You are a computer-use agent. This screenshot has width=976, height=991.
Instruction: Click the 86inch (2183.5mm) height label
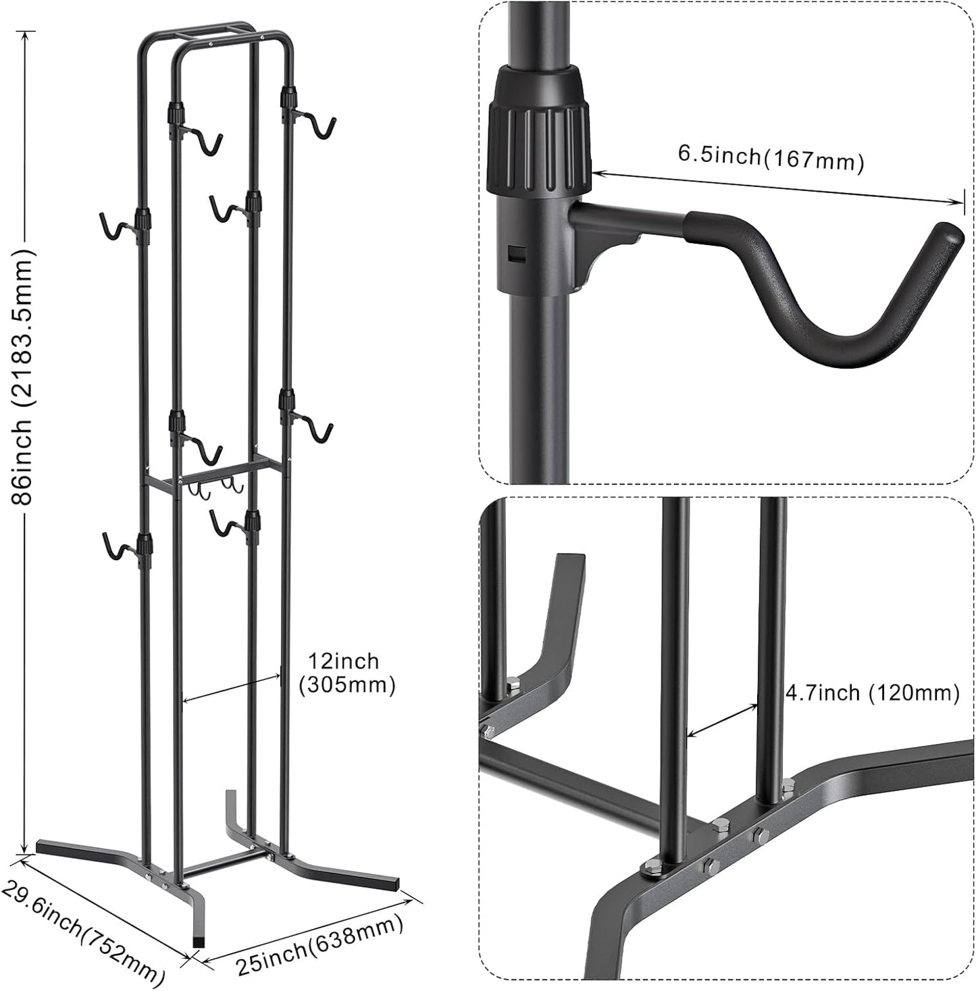[22, 376]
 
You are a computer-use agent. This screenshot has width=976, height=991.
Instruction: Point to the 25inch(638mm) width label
[320, 945]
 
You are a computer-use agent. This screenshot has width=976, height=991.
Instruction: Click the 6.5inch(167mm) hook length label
[771, 159]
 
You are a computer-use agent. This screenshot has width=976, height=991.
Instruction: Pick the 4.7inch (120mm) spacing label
[872, 693]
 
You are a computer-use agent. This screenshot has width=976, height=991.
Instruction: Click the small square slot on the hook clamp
[517, 253]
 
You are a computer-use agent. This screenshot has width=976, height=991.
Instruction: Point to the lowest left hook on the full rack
[115, 547]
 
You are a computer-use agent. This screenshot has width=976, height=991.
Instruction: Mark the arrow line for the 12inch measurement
[231, 687]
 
